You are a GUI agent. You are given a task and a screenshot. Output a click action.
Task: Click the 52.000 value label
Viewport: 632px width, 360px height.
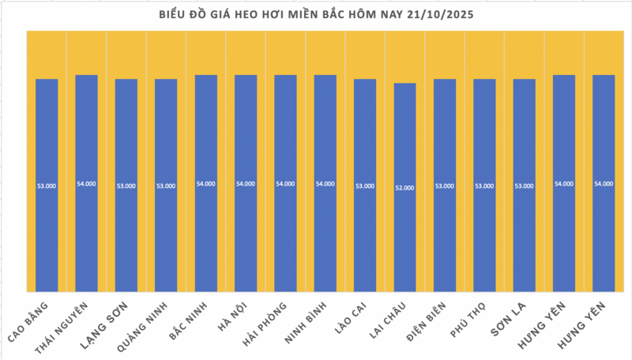click(x=404, y=188)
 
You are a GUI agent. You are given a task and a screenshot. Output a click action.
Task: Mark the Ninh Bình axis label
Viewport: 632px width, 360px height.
click(x=307, y=324)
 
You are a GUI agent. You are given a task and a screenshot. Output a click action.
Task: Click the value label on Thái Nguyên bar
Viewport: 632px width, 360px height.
click(x=86, y=184)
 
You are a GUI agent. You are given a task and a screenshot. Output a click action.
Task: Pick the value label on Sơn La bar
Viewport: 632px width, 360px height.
click(x=524, y=186)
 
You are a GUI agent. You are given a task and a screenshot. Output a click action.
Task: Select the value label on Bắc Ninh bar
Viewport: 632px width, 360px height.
click(x=205, y=184)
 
